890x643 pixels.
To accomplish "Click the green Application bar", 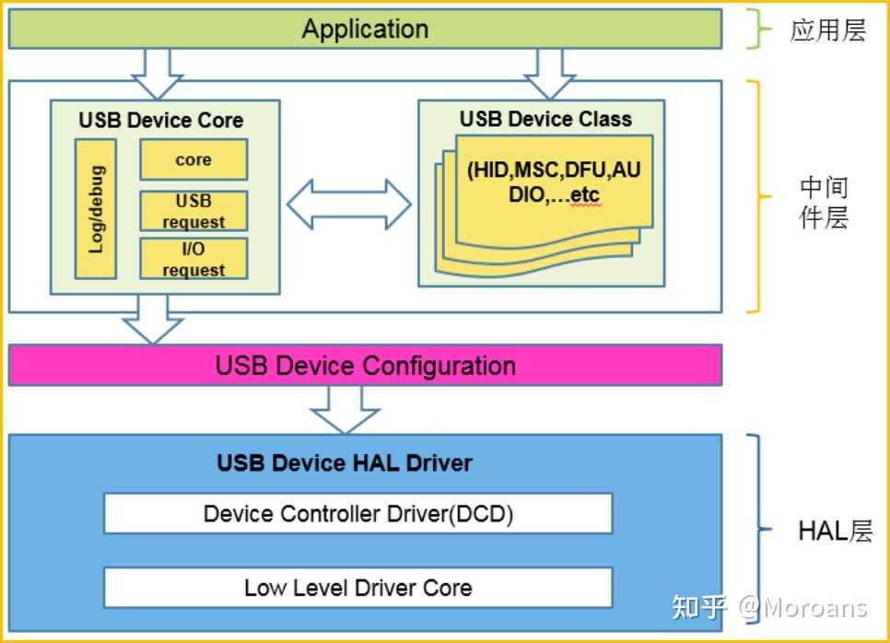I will [365, 29].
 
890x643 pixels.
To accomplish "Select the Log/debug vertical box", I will [95, 209].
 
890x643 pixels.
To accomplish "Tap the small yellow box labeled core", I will [193, 159].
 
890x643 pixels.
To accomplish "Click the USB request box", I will [193, 211].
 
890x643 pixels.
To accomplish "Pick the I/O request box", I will [193, 259].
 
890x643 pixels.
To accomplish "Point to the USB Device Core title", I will [161, 121].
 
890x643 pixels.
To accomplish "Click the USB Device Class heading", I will [545, 119].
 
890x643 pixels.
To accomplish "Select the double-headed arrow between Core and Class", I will [348, 204].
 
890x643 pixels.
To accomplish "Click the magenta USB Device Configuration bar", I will [365, 366].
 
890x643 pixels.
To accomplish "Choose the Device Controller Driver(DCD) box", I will [357, 513].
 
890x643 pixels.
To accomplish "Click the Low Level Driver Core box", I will [357, 588].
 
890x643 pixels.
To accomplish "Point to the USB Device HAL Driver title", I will [345, 462].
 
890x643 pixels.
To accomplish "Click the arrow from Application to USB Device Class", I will [550, 72].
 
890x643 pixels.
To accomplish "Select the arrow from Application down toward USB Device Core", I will [158, 72].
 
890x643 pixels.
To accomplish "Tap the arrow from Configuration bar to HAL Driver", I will [345, 408].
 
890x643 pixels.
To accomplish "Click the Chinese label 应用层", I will [827, 30].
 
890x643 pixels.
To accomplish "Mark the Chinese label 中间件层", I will [823, 203].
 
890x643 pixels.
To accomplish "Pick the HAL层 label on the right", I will [834, 531].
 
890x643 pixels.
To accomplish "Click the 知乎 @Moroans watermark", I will [769, 607].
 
